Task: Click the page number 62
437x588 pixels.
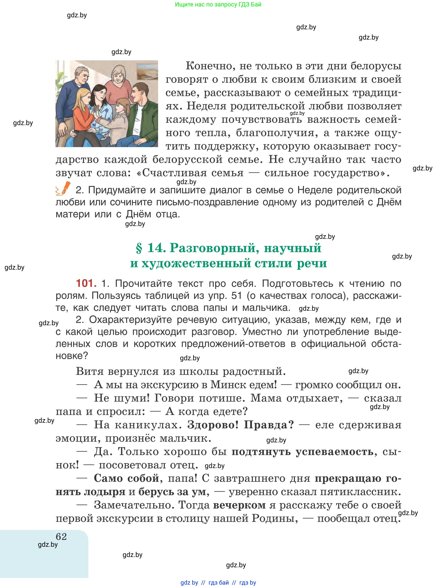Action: click(x=61, y=536)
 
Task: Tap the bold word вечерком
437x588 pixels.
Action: click(x=239, y=505)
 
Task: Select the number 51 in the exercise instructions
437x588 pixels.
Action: click(x=237, y=295)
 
